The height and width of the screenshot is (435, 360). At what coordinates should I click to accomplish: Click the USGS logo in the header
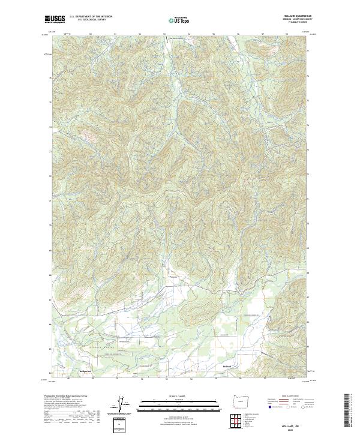(x=55, y=20)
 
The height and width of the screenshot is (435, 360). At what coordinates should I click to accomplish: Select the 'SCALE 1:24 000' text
(x=179, y=395)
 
